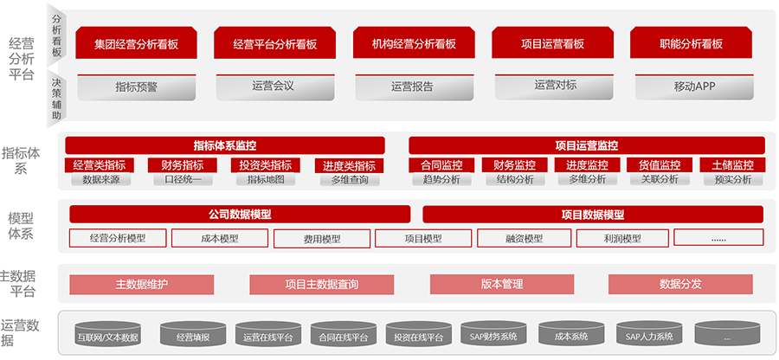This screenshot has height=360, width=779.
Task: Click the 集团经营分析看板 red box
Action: (x=137, y=43)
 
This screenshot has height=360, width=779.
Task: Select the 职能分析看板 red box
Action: (x=691, y=43)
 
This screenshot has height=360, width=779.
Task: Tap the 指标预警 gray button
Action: (x=137, y=87)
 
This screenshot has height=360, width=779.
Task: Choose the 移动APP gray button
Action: (x=694, y=87)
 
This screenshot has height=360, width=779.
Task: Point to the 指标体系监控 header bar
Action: (x=225, y=145)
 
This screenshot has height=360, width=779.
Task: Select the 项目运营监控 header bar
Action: (x=587, y=145)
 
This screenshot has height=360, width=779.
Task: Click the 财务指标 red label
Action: (x=183, y=164)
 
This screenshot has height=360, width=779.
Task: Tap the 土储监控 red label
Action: (x=733, y=164)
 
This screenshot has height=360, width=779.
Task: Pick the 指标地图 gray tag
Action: (x=267, y=179)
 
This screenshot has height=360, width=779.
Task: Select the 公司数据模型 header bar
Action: (x=240, y=215)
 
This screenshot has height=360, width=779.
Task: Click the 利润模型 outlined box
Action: (x=622, y=238)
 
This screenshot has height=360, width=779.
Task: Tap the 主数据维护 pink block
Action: (x=142, y=285)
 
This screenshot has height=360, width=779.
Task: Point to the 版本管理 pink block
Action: (x=502, y=285)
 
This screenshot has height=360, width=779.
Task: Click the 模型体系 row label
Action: (x=21, y=226)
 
